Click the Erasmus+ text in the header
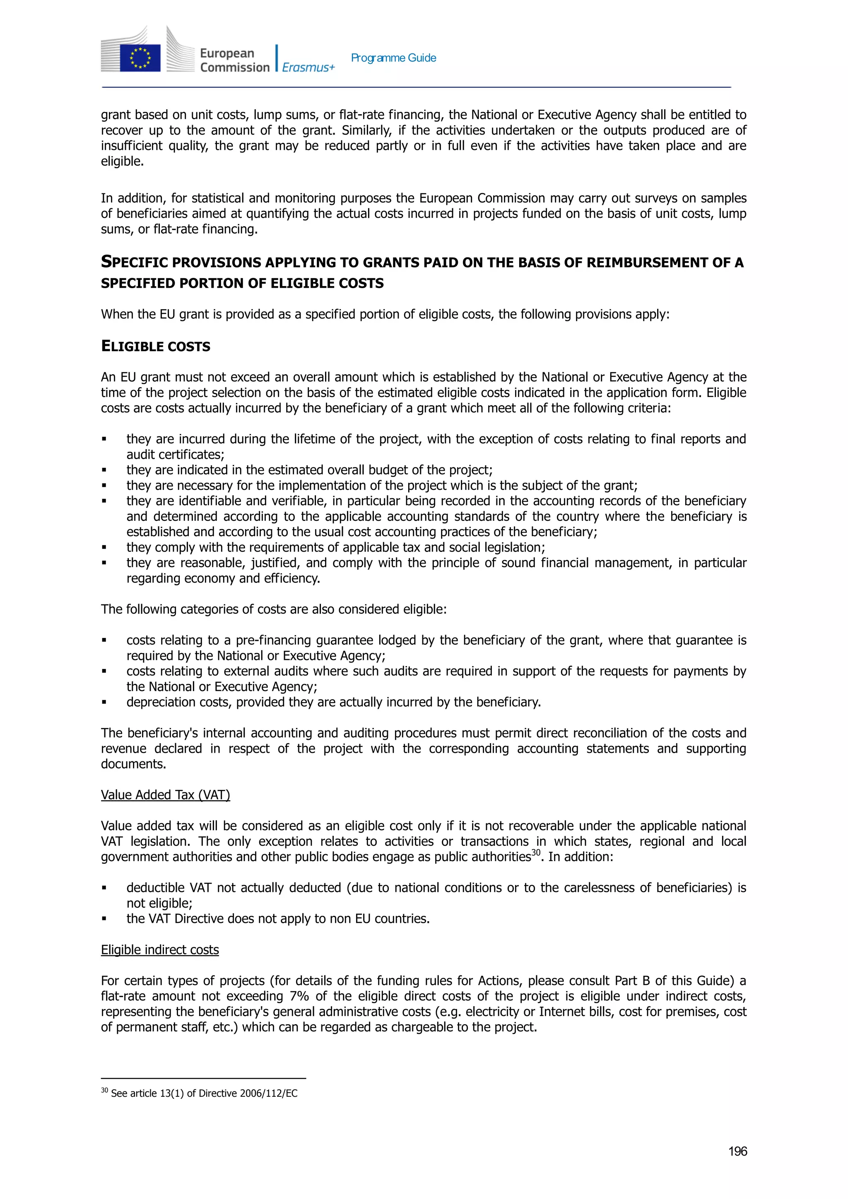[x=308, y=67]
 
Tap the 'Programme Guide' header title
[x=393, y=58]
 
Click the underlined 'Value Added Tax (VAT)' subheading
[x=166, y=795]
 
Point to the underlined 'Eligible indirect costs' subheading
[x=160, y=949]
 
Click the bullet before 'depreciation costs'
[x=104, y=702]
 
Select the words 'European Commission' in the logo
[x=234, y=60]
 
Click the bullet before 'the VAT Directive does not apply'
[x=104, y=919]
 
